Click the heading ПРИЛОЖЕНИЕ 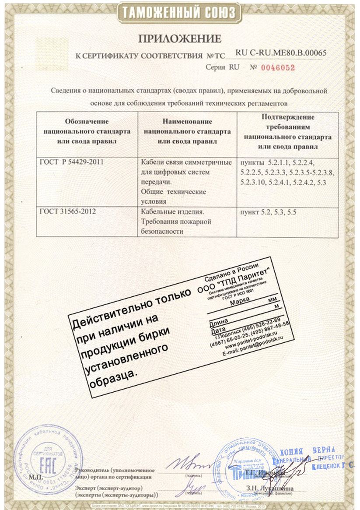point(180,39)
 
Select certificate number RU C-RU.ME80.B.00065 point(281,53)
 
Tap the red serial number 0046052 point(278,68)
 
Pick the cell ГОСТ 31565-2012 point(67,212)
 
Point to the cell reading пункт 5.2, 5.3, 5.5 point(267,213)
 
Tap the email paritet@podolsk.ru point(253,350)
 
